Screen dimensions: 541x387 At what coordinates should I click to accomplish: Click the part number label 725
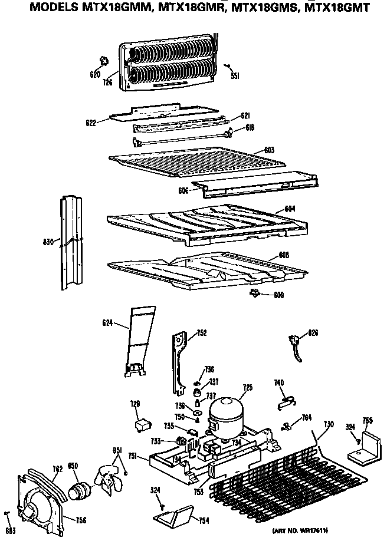[x=247, y=387]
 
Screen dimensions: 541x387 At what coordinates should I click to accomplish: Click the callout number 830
[x=49, y=242]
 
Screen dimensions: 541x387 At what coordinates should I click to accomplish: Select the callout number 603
[x=269, y=150]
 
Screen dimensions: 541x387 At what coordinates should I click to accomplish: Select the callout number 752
[x=202, y=333]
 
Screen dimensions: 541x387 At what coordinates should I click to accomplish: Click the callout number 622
[x=90, y=123]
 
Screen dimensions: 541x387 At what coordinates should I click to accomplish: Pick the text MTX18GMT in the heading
[x=342, y=8]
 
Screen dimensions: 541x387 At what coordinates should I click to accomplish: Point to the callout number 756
[x=80, y=519]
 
